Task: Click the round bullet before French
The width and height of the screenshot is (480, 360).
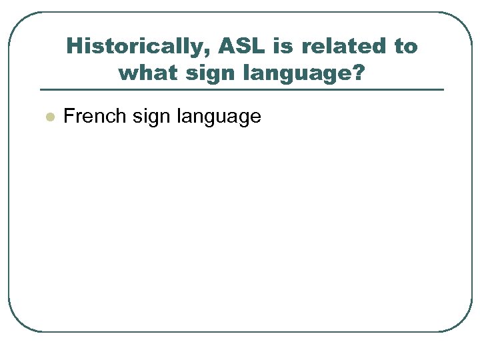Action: tap(48, 117)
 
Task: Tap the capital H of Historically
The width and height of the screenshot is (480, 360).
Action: tap(73, 47)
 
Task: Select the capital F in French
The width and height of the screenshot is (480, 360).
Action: tap(68, 117)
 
